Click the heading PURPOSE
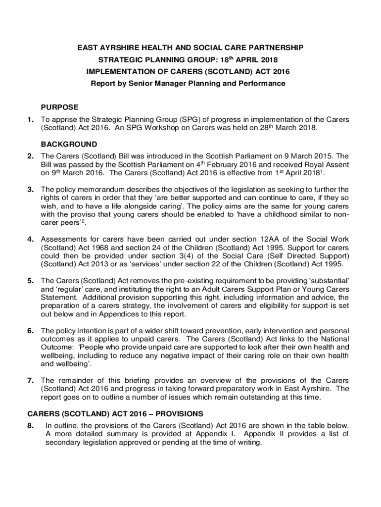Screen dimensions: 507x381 (x=59, y=107)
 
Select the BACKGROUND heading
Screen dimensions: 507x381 (x=69, y=145)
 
